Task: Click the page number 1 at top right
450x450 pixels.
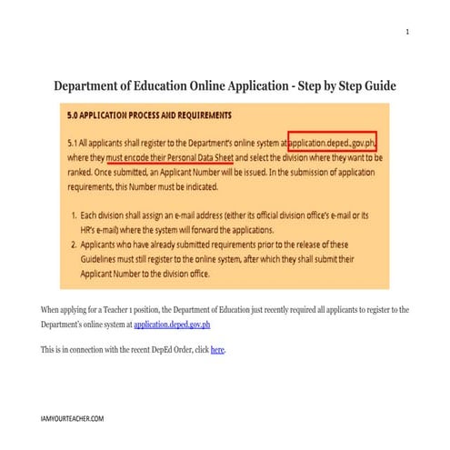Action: (407, 32)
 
